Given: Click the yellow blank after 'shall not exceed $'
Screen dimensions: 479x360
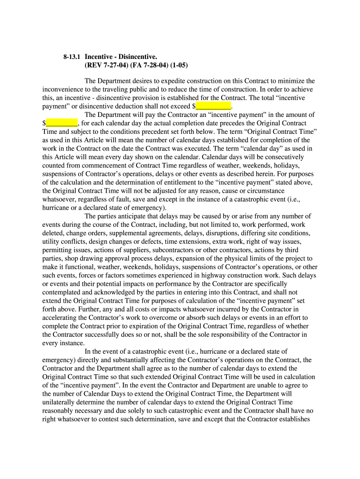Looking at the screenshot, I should pos(213,106).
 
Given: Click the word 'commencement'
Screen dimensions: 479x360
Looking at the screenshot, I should pos(97,165).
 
